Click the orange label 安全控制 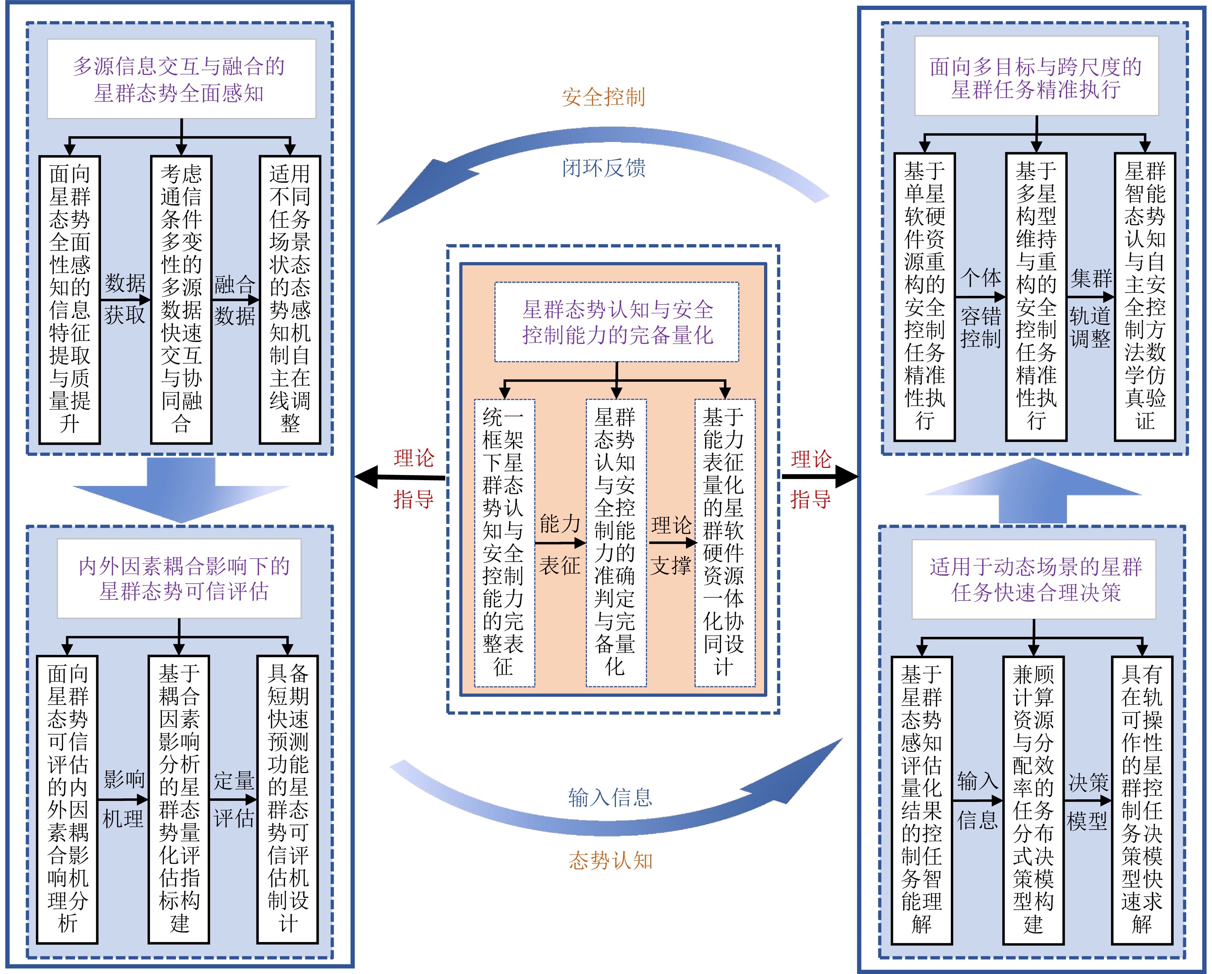603,97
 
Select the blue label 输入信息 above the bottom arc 610,797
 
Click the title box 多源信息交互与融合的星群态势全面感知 181,79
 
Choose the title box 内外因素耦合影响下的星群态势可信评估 179,578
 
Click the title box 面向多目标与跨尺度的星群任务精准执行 1036,76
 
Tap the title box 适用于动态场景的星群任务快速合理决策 1033,579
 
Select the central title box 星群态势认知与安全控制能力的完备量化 617,322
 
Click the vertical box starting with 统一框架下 504,542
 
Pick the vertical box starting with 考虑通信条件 181,300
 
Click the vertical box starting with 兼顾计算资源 1033,799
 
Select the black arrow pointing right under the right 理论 821,477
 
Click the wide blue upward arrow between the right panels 1033,489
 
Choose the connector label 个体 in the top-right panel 981,278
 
